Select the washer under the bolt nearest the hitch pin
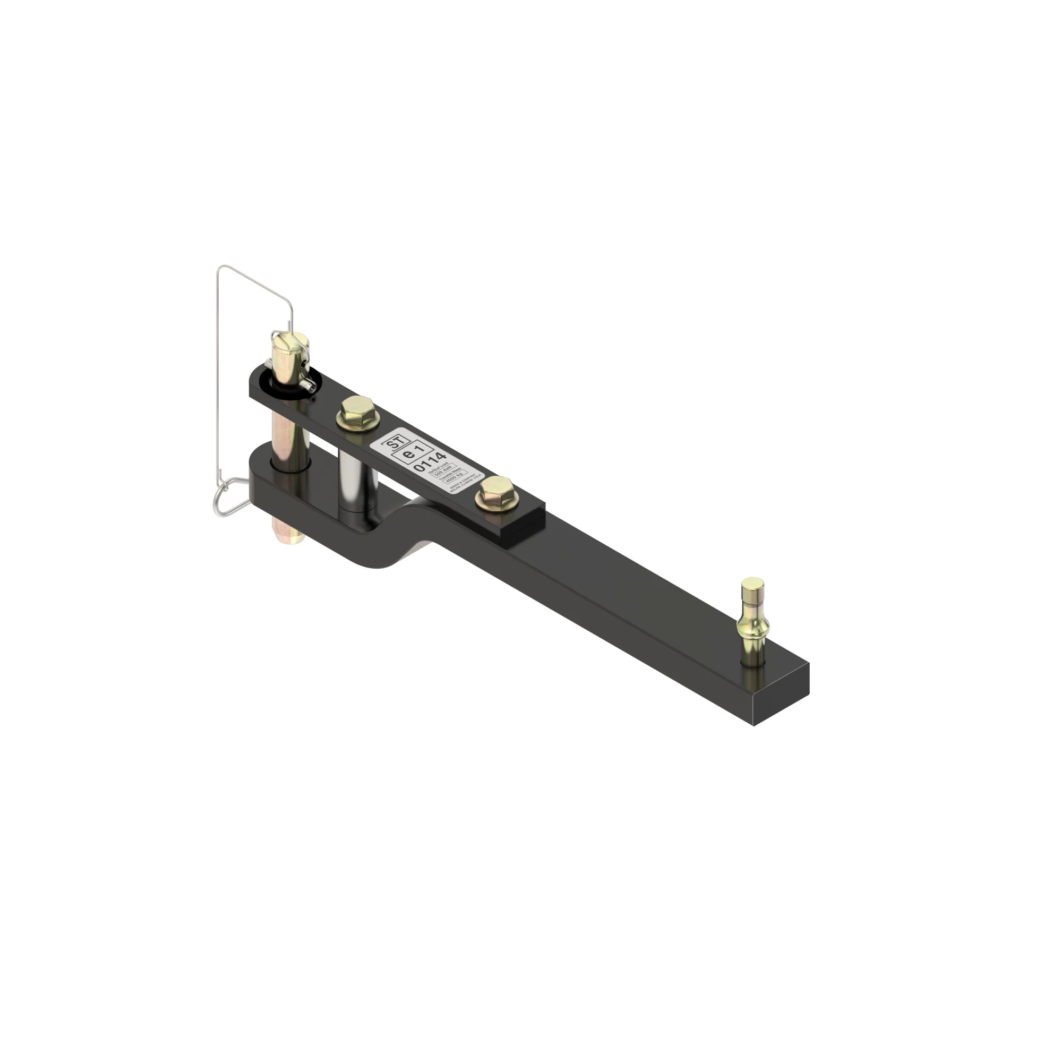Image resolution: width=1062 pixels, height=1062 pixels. click(352, 423)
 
